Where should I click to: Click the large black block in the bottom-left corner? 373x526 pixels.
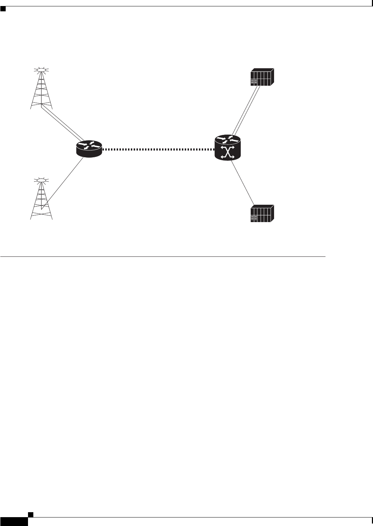[14, 521]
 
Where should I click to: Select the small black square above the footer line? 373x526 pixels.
[30, 514]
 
